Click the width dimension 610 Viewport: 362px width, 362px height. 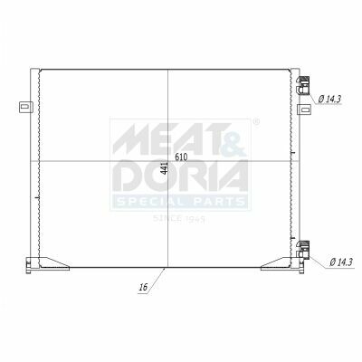(181, 157)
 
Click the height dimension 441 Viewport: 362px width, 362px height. (165, 168)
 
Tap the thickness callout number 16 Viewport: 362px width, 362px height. (143, 287)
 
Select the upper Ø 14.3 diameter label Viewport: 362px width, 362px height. (329, 99)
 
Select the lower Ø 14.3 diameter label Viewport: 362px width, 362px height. (341, 262)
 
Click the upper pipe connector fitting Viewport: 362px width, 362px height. (302, 86)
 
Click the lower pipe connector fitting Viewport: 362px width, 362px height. (302, 250)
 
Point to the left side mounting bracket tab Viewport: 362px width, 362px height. (26, 107)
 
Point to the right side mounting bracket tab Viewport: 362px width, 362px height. (304, 110)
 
